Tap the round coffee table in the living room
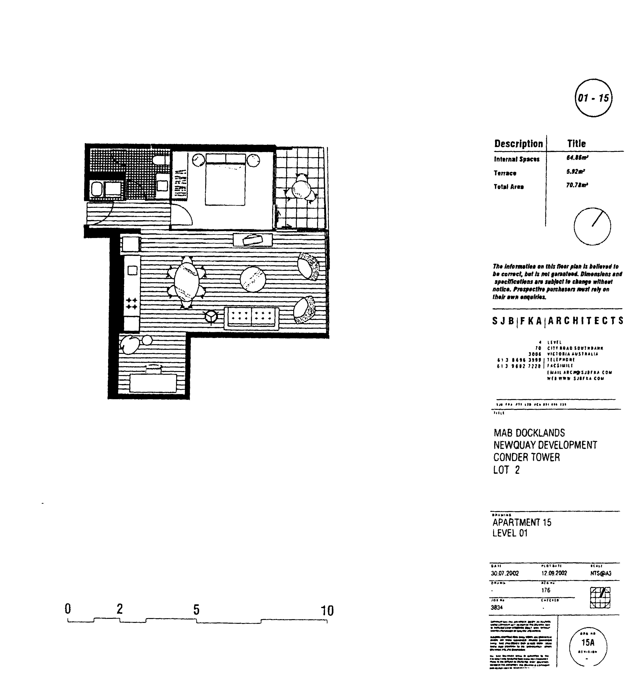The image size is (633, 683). coord(253,279)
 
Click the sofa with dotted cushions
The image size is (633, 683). coord(251,318)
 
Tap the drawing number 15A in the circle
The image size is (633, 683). coord(588,643)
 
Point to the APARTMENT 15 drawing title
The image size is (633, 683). coord(522,522)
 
